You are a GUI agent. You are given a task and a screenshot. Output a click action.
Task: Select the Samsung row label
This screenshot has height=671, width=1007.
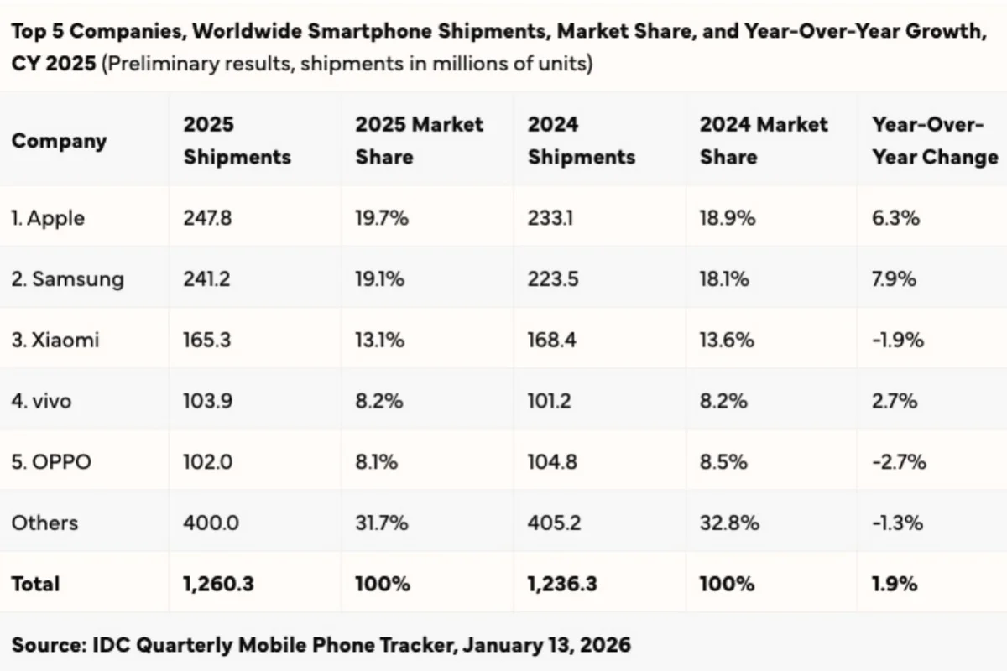click(x=67, y=279)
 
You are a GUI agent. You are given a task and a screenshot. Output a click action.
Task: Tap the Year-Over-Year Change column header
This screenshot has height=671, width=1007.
click(x=935, y=141)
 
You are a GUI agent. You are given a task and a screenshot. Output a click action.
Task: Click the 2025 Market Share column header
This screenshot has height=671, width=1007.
click(x=419, y=141)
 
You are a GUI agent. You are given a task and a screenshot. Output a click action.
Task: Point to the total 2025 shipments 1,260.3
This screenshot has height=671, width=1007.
click(x=218, y=584)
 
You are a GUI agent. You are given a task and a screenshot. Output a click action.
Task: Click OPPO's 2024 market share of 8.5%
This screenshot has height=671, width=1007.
click(x=723, y=461)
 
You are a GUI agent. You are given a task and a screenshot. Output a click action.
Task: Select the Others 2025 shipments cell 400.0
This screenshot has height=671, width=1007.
click(x=211, y=523)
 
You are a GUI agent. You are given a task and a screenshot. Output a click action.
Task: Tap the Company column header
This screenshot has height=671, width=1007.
click(x=59, y=141)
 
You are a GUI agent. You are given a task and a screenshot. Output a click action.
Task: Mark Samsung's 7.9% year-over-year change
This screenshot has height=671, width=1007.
click(x=895, y=279)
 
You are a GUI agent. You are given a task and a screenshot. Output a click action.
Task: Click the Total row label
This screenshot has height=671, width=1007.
click(x=35, y=584)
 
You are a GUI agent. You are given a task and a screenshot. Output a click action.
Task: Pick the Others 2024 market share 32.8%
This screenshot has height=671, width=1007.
click(x=728, y=523)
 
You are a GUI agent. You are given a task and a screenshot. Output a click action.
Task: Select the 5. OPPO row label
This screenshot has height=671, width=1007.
click(x=51, y=461)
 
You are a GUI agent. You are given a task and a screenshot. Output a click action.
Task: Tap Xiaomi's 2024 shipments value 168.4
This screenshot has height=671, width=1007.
click(x=552, y=341)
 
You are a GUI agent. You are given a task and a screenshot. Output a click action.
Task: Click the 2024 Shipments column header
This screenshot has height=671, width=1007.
click(x=581, y=141)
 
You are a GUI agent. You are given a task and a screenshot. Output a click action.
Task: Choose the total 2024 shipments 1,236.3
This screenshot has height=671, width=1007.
click(x=562, y=584)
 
